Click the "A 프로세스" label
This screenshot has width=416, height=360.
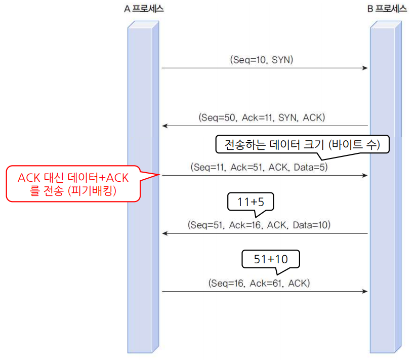tap(144, 9)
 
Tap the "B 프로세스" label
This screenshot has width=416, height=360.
tap(387, 9)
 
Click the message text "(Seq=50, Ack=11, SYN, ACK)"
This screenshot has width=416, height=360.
tap(261, 117)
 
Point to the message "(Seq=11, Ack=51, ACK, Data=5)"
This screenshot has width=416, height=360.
tap(260, 166)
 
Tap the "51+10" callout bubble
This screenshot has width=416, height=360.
tap(271, 259)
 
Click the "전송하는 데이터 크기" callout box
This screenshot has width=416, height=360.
tap(303, 145)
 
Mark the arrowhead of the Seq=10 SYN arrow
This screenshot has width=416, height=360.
tap(365, 68)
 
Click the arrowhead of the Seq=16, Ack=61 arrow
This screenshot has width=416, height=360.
tap(365, 291)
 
